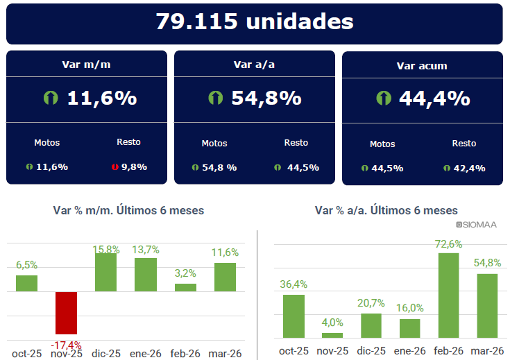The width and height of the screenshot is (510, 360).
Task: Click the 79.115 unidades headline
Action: click(254, 22)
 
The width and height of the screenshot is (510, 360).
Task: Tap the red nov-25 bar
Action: click(67, 313)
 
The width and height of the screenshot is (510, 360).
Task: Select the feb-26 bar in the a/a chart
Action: click(448, 295)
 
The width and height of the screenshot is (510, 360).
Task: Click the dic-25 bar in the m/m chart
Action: click(105, 273)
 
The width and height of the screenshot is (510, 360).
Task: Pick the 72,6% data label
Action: click(448, 244)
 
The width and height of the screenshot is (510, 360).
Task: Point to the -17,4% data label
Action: click(66, 345)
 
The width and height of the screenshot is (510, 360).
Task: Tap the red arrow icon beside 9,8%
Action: click(115, 167)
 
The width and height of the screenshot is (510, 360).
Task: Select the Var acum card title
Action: click(422, 66)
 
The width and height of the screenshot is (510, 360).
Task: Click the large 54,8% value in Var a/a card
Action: click(266, 98)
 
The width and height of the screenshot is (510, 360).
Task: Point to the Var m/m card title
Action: click(86, 65)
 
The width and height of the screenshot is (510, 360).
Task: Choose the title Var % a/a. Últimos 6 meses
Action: click(386, 210)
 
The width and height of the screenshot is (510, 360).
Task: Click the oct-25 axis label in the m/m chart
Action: click(26, 354)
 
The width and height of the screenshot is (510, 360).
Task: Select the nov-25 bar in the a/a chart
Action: click(332, 335)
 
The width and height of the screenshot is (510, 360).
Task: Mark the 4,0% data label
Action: click(332, 323)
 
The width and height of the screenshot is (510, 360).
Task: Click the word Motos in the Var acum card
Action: click(382, 144)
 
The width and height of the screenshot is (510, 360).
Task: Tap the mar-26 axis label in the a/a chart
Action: click(487, 351)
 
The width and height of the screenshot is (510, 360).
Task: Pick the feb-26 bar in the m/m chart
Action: click(185, 287)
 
